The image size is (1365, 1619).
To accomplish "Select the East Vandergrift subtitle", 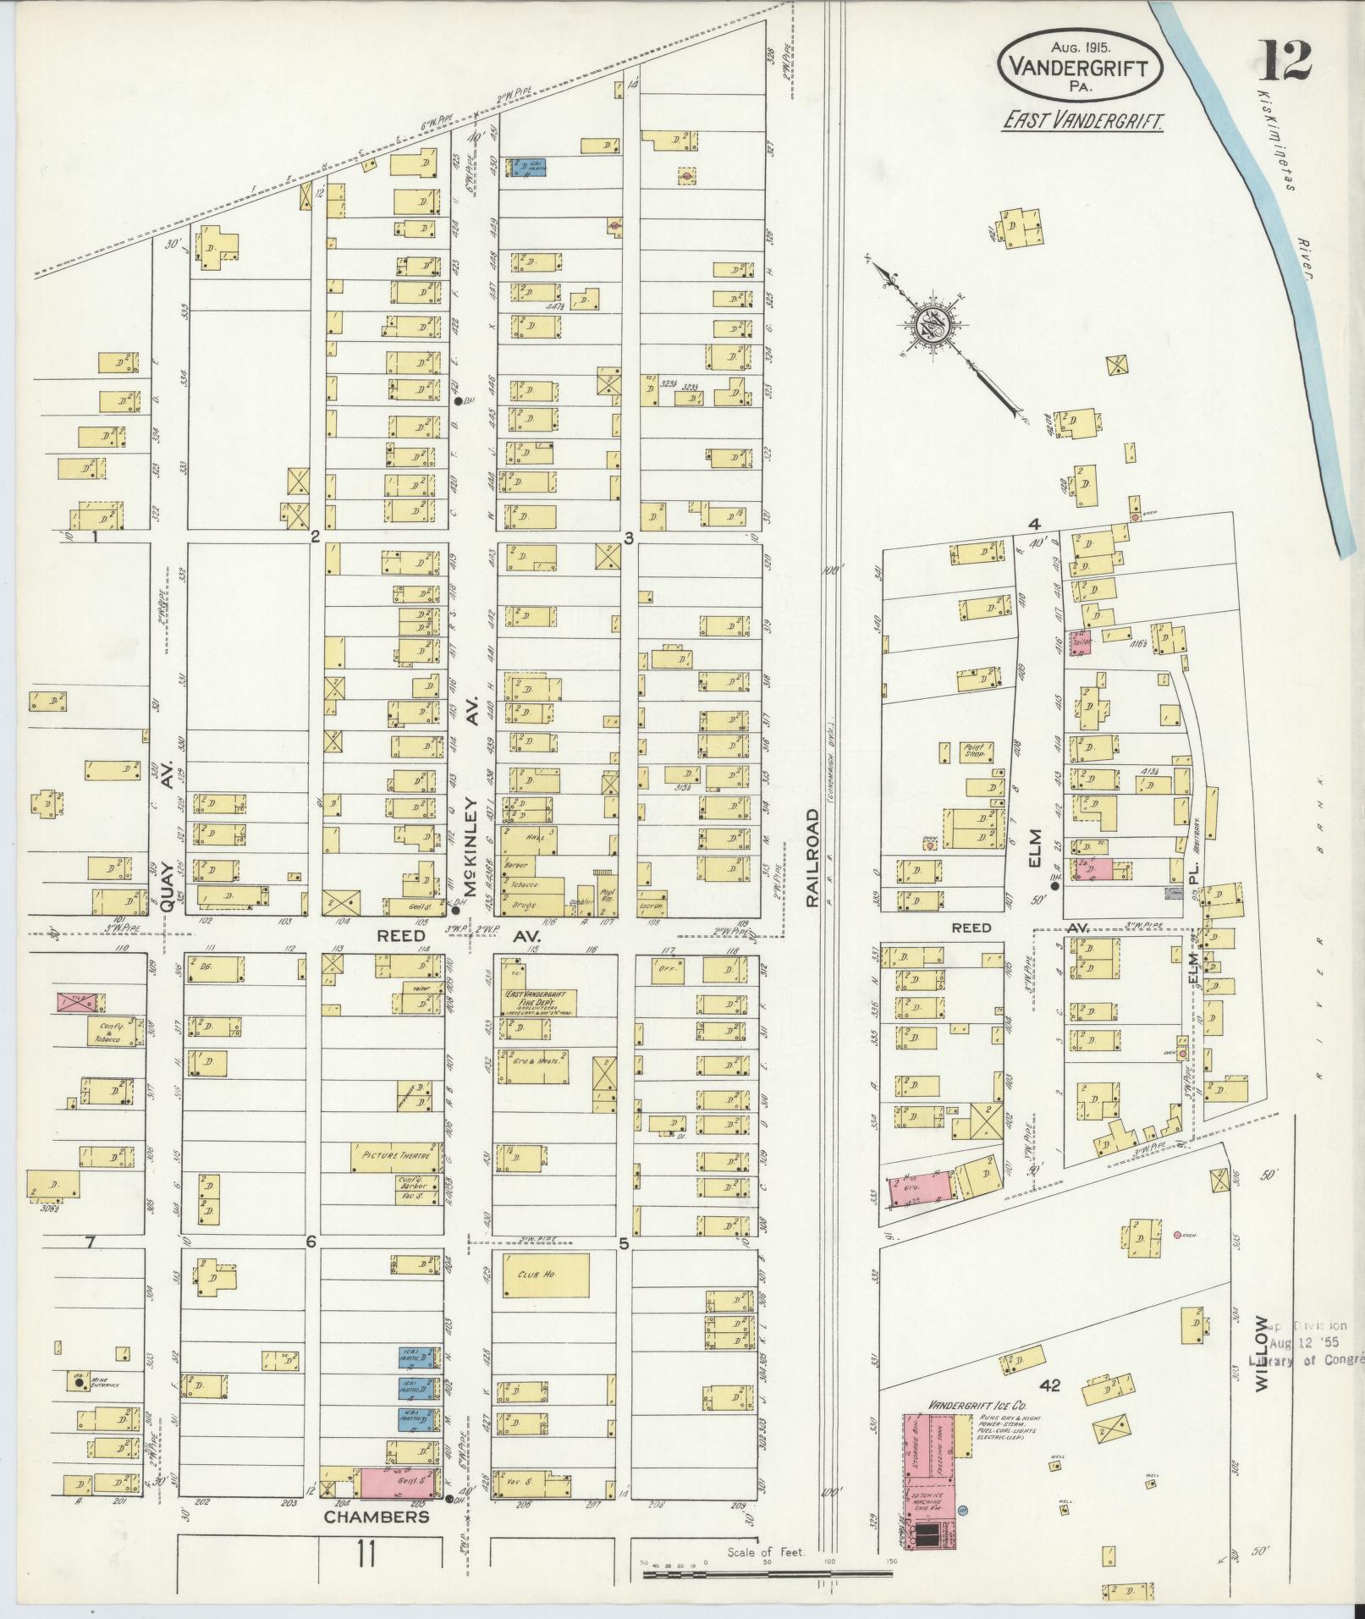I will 1082,121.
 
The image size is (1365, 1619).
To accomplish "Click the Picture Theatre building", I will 396,1156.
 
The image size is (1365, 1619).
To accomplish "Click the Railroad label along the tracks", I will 812,858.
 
